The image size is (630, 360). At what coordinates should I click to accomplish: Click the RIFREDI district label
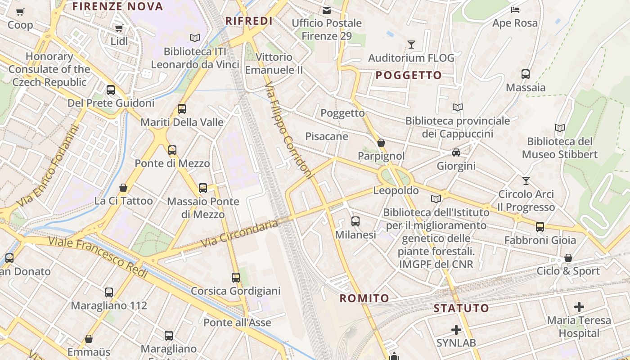(249, 21)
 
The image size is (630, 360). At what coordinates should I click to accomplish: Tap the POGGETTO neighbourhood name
(409, 75)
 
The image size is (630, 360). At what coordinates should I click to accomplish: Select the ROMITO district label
(364, 298)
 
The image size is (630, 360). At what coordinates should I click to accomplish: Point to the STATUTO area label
(461, 308)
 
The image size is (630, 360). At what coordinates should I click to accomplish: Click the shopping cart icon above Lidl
(119, 28)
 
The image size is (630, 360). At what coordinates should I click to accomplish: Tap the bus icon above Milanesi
(355, 221)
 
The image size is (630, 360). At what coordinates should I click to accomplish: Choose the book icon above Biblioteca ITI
(194, 38)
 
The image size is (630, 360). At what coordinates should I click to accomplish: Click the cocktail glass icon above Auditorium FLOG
(411, 44)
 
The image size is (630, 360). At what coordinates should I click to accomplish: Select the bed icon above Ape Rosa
(515, 9)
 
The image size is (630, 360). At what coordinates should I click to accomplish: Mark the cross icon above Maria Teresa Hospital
(579, 307)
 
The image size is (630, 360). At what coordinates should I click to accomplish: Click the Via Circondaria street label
(239, 234)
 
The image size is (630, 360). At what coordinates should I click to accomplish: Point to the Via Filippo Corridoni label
(288, 130)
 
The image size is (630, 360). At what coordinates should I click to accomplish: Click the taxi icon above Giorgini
(456, 153)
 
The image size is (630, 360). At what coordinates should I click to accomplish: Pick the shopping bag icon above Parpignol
(381, 143)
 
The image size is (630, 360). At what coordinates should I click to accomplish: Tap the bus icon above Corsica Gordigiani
(236, 277)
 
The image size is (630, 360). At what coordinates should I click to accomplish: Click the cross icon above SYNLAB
(456, 330)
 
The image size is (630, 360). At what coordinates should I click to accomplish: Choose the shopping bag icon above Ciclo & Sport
(568, 258)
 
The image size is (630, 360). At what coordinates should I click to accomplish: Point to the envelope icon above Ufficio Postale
(327, 9)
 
